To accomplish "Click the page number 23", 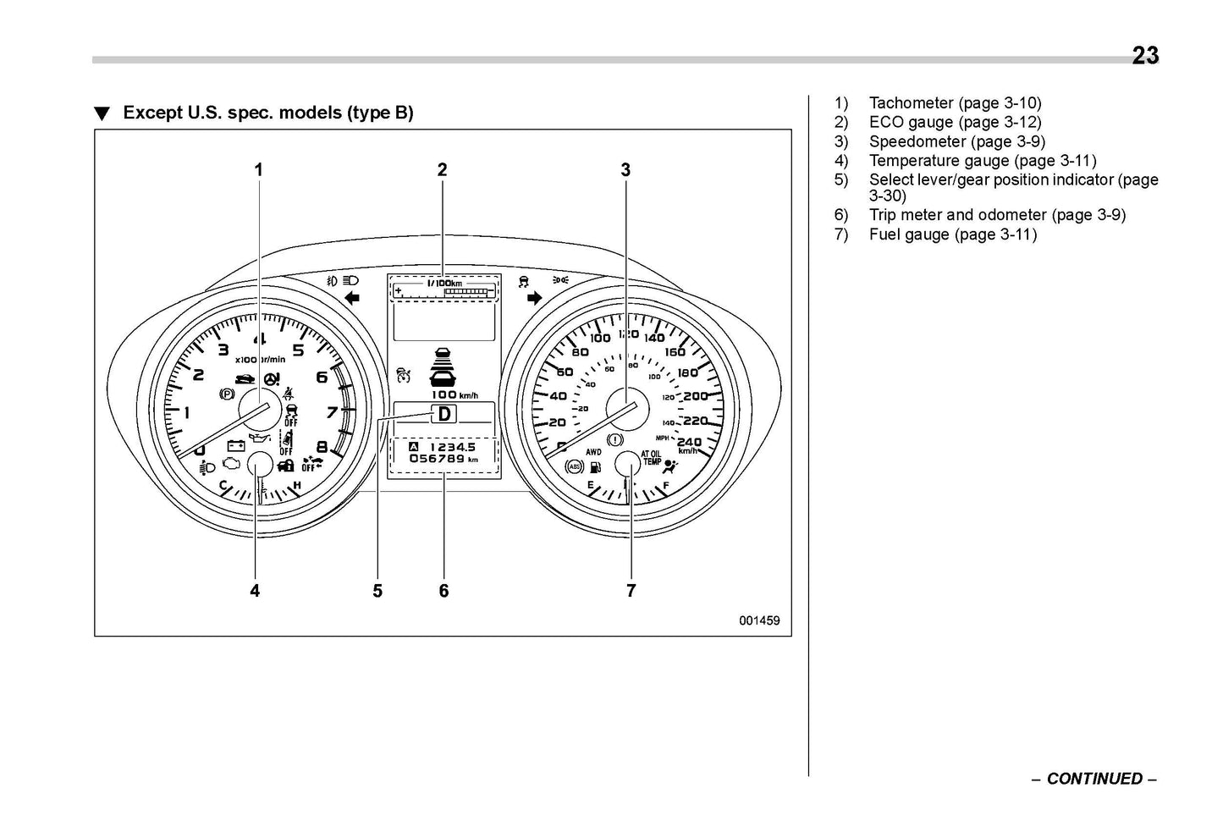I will [1145, 56].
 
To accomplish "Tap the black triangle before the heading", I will [102, 114].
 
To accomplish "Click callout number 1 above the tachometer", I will [259, 170].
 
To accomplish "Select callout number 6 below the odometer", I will [443, 591].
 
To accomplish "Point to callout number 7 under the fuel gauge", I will [631, 591].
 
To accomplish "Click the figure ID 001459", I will [758, 620].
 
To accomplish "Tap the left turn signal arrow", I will [352, 297].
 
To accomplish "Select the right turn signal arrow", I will [534, 298].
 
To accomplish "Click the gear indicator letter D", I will [443, 414].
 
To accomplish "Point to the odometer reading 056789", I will [437, 459].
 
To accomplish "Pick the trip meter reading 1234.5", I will [452, 447].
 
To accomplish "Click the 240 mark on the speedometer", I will [690, 442].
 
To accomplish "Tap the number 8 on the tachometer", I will [322, 448].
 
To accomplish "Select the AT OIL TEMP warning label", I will [652, 458].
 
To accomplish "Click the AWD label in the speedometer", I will [593, 453].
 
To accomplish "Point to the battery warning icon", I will [235, 445].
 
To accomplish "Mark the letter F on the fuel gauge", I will [667, 486].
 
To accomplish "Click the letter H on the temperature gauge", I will [296, 485].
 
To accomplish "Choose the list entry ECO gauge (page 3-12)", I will [955, 122].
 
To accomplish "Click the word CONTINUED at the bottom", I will [1094, 779].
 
